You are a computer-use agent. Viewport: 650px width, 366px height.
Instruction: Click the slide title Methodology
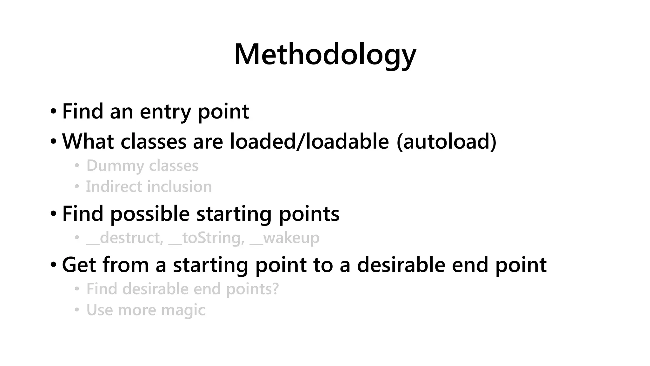pos(325,55)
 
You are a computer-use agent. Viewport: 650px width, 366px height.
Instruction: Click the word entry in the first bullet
pos(165,112)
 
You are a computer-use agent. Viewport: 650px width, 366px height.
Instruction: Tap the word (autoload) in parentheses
pos(447,141)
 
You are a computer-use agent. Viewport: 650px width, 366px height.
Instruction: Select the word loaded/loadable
pos(309,141)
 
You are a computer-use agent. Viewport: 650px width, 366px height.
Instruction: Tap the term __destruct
pos(125,238)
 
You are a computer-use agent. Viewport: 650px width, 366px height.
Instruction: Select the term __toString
pos(207,238)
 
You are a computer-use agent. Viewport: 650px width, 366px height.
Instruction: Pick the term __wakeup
pos(285,238)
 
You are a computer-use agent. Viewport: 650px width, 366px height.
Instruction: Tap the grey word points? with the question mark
pos(252,289)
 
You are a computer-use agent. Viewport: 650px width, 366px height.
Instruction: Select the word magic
pos(183,310)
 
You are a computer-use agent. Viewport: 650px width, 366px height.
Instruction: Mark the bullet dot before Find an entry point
pos(53,112)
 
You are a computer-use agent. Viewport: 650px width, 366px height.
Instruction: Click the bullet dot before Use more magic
pos(76,310)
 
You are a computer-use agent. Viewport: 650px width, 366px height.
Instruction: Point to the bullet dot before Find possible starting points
pos(53,213)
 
